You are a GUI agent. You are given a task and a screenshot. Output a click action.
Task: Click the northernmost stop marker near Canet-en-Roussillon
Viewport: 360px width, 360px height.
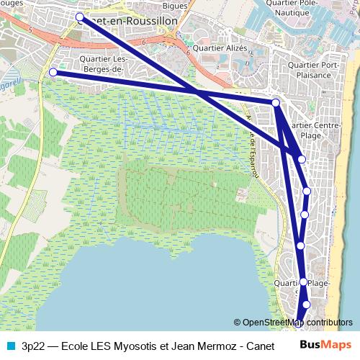coord(79,17)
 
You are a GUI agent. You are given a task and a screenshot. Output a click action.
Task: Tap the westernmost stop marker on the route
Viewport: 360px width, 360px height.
coord(53,72)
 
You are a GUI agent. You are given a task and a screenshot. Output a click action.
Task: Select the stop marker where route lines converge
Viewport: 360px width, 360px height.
coord(276,103)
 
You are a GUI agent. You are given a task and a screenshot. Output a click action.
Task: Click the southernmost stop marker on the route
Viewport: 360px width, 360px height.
coord(300,323)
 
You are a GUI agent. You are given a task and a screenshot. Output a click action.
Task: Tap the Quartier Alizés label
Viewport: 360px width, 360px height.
coord(220,48)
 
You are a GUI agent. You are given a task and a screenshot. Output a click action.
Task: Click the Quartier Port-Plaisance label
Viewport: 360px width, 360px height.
coord(316,70)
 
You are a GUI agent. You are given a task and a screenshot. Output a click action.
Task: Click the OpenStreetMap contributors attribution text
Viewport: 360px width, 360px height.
coord(293,323)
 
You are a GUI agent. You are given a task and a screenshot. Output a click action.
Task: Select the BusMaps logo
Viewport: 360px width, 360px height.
coord(326,345)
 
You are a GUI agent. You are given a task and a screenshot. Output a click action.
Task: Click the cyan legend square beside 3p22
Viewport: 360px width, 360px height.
coord(9,345)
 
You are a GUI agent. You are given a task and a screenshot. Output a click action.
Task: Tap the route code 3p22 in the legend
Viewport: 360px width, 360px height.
coord(34,345)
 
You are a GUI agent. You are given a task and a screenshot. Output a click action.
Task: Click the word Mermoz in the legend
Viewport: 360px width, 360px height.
coord(210,345)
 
